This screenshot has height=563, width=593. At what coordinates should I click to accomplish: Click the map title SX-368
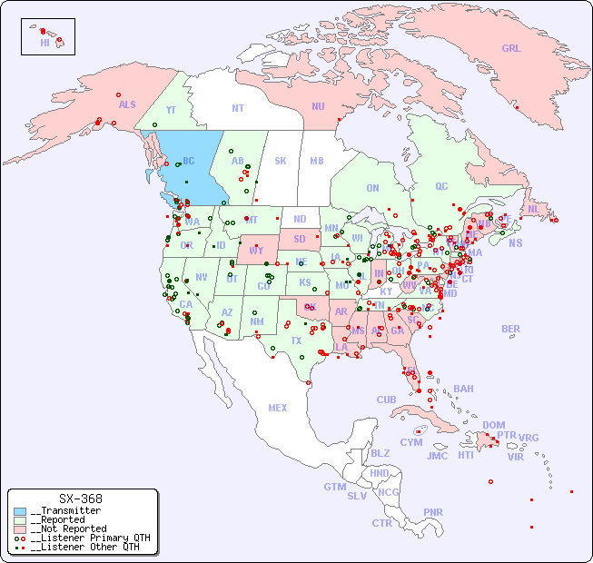click(80, 499)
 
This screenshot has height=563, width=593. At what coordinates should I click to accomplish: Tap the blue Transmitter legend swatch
click(20, 511)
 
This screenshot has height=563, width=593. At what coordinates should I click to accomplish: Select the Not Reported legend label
click(68, 528)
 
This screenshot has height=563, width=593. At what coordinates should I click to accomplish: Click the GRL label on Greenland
click(511, 48)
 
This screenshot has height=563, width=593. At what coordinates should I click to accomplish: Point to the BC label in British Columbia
click(189, 161)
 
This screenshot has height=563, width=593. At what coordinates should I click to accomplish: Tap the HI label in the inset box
click(44, 42)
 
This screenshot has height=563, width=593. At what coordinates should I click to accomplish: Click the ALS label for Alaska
click(127, 104)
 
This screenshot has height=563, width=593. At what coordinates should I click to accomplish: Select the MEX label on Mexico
click(278, 408)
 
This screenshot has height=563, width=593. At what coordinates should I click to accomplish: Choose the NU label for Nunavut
click(318, 106)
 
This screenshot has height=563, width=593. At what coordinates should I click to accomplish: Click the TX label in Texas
click(296, 341)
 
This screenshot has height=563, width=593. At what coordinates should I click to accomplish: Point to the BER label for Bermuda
click(511, 329)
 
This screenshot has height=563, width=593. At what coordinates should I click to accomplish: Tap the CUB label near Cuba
click(386, 400)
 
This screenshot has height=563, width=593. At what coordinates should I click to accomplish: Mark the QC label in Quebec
click(441, 186)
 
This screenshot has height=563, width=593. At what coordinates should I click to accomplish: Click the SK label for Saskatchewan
click(281, 161)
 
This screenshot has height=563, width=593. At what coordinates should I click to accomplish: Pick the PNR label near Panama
click(433, 512)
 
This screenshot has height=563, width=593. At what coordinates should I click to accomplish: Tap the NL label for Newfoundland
click(533, 208)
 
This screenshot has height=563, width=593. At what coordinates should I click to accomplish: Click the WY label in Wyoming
click(256, 251)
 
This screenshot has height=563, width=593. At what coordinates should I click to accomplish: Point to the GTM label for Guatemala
click(334, 487)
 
